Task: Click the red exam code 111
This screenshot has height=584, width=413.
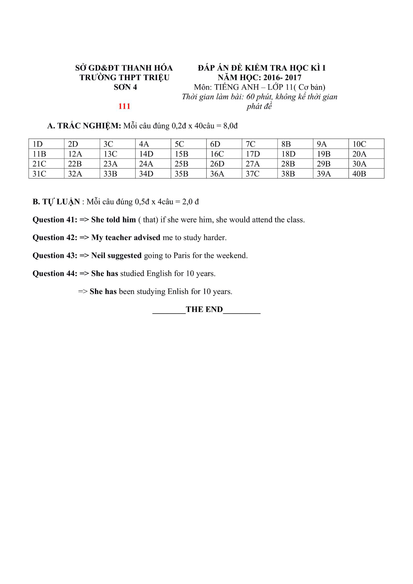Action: [124, 106]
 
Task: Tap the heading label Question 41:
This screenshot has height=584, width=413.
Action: [55, 220]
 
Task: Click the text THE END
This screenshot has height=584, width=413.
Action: [204, 309]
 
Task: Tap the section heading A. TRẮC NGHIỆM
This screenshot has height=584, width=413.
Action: [84, 126]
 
